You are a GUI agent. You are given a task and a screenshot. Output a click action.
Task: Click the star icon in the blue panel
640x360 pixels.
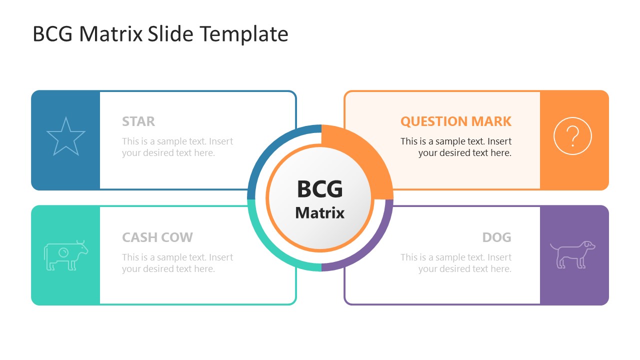65,136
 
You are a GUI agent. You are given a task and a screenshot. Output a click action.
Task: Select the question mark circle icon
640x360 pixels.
572,136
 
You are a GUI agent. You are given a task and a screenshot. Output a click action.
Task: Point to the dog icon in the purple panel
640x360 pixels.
573,254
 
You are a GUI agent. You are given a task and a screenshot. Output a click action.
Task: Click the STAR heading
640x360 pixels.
138,121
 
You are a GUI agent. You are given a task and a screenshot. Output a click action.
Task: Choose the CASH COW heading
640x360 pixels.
157,237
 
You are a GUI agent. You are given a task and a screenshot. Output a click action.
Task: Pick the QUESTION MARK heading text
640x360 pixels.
456,121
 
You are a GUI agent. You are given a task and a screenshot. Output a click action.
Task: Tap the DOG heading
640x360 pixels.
496,237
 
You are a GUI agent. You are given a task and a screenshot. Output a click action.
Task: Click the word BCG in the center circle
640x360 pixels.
320,189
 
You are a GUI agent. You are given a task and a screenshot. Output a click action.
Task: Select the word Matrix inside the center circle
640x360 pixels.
320,213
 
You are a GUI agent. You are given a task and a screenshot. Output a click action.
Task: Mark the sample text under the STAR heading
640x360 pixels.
177,147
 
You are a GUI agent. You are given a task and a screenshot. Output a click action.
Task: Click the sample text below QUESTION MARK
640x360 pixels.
456,147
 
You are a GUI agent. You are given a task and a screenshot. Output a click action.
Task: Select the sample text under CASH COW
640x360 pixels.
177,263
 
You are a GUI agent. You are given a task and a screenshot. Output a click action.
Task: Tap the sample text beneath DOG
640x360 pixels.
456,263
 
